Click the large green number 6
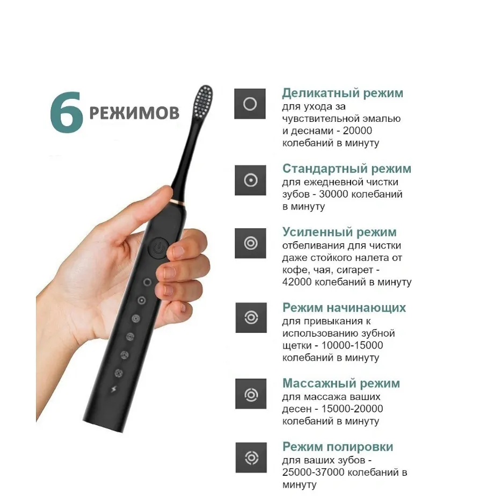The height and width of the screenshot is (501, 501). pos(67,112)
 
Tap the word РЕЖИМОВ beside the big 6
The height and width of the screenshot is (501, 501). pos(134,113)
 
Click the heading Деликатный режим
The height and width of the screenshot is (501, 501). pos(343,93)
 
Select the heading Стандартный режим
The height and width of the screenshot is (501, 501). pos(347,169)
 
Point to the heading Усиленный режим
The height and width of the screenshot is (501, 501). pos(339,232)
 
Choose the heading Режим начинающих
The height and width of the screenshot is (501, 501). pos(344,308)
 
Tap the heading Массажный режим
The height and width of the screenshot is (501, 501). pos(341,383)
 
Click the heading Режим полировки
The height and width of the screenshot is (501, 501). pos(338,447)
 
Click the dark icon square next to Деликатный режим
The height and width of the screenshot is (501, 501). pos(250,104)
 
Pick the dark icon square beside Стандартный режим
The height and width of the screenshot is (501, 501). pos(250,180)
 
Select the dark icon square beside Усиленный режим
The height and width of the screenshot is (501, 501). pos(250,243)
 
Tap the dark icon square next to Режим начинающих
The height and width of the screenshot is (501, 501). pos(251,317)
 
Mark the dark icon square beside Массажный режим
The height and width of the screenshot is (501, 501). pos(251,394)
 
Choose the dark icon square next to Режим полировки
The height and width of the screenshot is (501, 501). pos(251,458)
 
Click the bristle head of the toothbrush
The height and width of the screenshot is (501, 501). pos(203,101)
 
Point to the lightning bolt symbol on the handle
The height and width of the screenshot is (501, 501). pos(114,389)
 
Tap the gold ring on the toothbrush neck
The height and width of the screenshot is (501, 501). pos(177,202)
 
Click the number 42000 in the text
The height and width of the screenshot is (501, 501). pos(297,282)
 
